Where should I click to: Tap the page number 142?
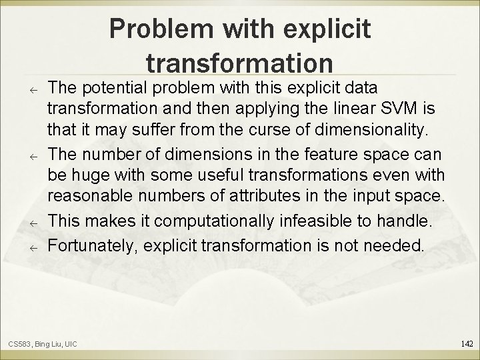point(467,343)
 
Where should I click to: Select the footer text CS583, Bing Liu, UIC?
point(43,344)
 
